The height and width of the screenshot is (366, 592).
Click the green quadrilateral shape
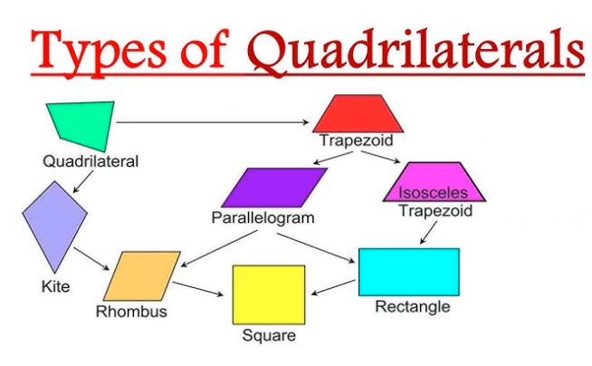point(83,124)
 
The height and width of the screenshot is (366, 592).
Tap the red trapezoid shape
point(358,113)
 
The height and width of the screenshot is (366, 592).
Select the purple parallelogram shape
point(274,188)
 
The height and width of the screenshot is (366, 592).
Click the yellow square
point(269,294)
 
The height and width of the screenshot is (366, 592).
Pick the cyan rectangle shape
point(409,272)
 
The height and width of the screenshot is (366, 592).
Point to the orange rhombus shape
point(142,276)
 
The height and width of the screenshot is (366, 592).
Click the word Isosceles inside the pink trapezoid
point(433,193)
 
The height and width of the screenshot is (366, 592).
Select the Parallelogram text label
point(263,218)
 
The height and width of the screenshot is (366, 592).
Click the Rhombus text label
point(131,312)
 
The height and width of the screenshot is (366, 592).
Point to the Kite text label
point(55,286)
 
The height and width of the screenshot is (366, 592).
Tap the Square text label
point(269,335)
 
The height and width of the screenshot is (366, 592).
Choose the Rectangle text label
point(413,306)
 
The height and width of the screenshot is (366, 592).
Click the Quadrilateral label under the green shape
point(91,161)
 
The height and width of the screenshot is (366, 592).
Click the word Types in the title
point(99,52)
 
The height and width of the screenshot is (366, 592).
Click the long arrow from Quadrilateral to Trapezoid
point(213,122)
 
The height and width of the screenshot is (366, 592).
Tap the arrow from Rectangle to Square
point(333,287)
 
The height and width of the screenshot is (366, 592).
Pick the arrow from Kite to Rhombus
point(91,259)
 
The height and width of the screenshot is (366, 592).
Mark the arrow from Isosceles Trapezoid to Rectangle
point(428,233)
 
